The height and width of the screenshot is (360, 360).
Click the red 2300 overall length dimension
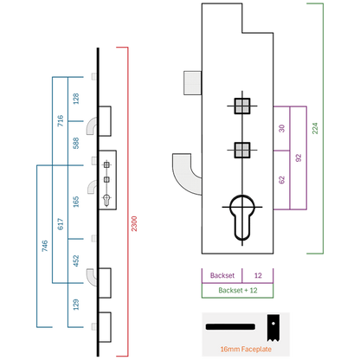pos(134,223)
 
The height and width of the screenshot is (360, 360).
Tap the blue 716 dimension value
pos(61,120)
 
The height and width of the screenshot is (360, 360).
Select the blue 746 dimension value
pos(45,246)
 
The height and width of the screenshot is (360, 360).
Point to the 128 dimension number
pos(76,99)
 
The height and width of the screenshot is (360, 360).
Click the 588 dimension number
pos(76,143)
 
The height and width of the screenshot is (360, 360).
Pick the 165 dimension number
pos(76,202)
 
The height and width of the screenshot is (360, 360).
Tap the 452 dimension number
pos(76,260)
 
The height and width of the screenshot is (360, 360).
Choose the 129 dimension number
pos(76,305)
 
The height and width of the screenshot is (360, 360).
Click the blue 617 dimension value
pos(61,224)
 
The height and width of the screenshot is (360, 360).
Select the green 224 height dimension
pos(315,128)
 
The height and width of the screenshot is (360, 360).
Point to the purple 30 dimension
pos(282,128)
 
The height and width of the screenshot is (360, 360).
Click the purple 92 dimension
pos(299,157)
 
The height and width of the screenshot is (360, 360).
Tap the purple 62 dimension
pos(282,180)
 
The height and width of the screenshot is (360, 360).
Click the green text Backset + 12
pos(238,290)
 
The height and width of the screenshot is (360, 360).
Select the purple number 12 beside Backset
pos(258,275)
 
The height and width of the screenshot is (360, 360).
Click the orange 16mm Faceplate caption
pos(246,349)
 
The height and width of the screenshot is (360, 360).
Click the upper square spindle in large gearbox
pos(242,106)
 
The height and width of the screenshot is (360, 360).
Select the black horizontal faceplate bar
pos(230,327)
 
